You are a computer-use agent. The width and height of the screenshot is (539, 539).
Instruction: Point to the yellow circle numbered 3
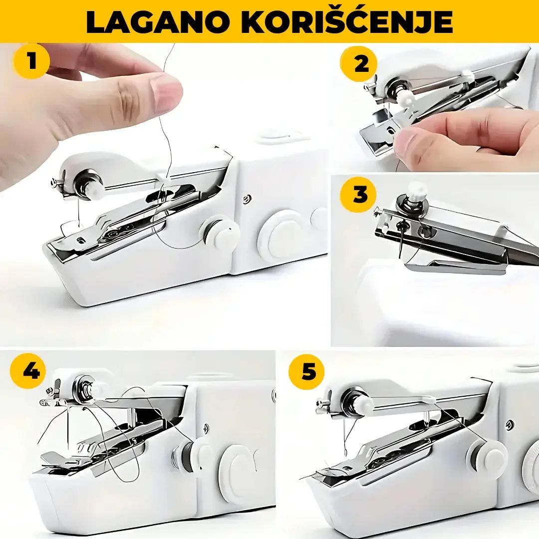358,195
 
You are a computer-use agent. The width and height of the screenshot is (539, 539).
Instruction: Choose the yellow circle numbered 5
307,372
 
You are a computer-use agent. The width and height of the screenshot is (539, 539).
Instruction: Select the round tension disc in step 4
84,388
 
